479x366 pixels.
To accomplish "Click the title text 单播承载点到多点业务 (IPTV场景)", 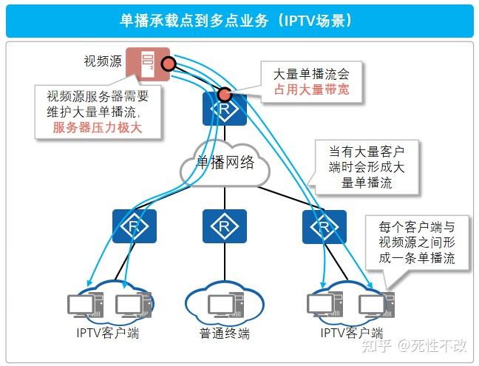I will pyautogui.click(x=239, y=19).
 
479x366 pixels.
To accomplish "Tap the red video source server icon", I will pyautogui.click(x=144, y=63).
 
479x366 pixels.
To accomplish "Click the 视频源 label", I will pyautogui.click(x=103, y=62).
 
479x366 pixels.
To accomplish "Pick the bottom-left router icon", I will pyautogui.click(x=134, y=226).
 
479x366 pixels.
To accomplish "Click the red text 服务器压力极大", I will pyautogui.click(x=97, y=128).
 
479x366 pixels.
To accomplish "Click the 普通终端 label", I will pyautogui.click(x=225, y=334).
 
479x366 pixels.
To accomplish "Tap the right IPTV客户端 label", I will pyautogui.click(x=352, y=334).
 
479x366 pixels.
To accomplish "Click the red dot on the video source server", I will pyautogui.click(x=168, y=64).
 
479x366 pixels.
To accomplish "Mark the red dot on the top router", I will pyautogui.click(x=224, y=95).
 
